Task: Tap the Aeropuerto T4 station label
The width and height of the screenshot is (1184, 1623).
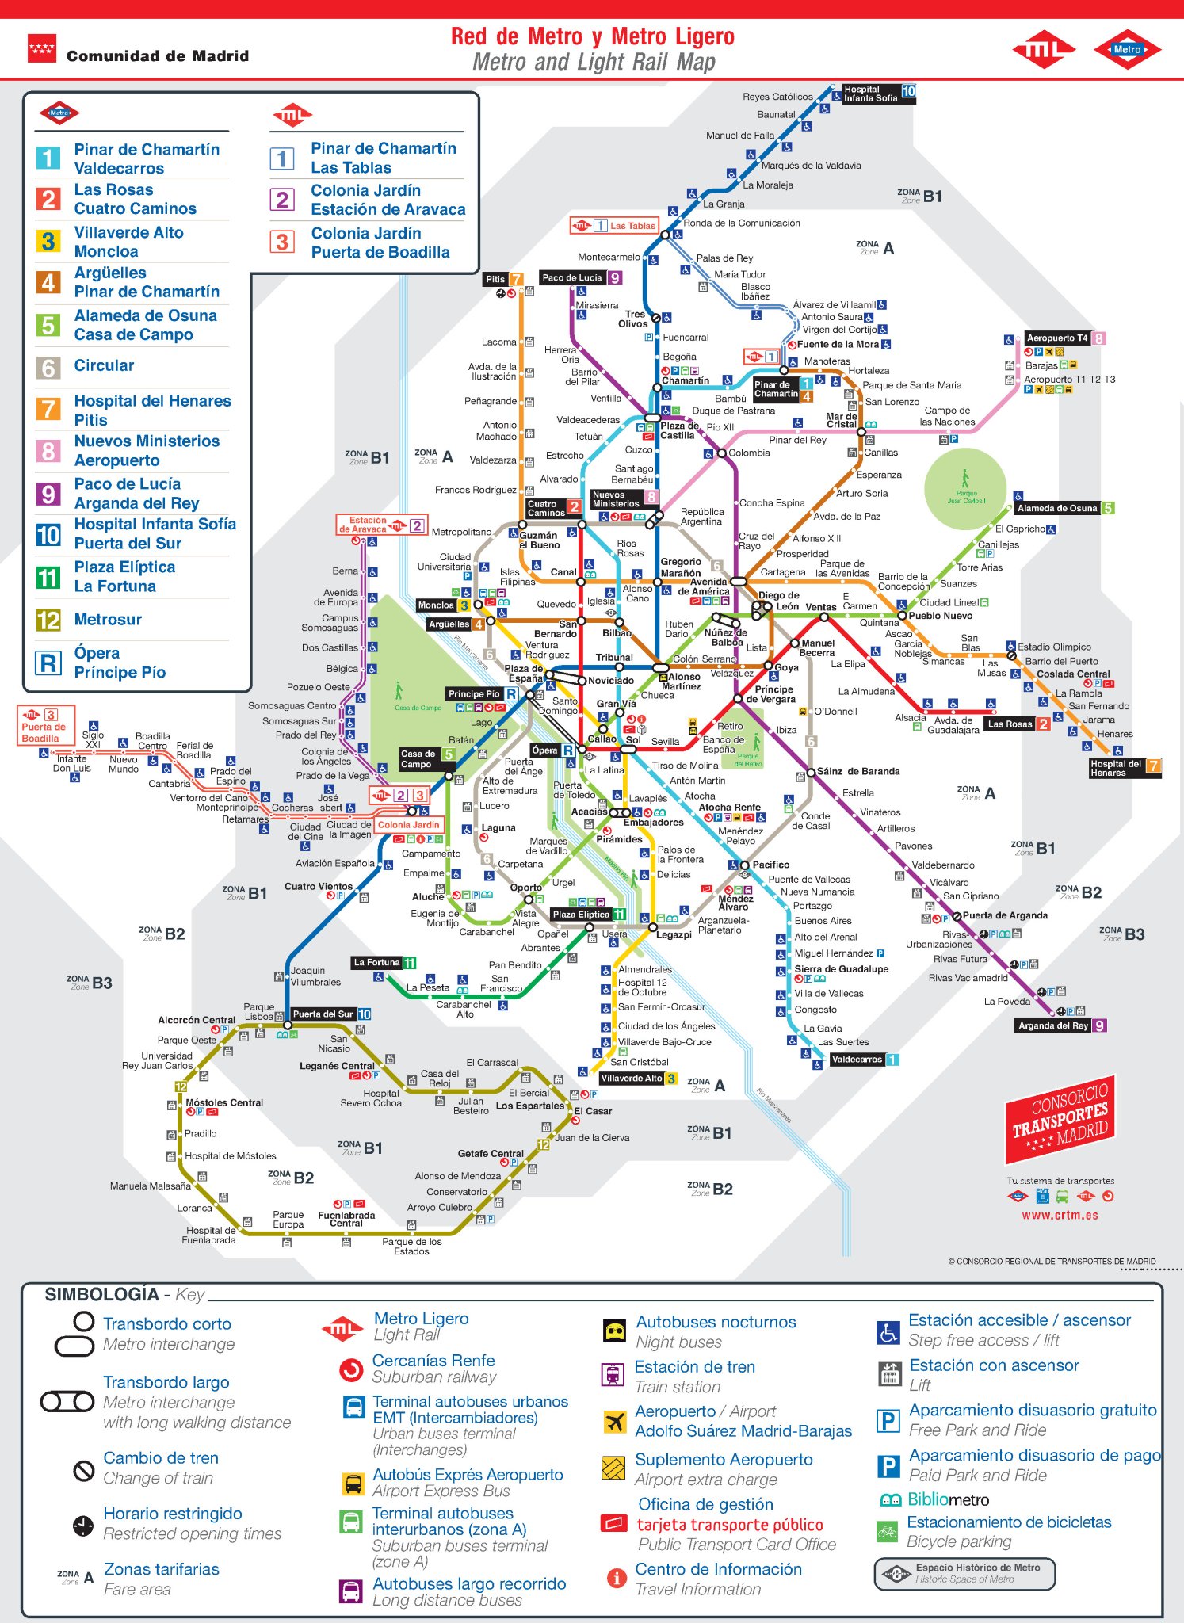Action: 1057,338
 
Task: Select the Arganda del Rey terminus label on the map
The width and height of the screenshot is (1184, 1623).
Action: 1053,1025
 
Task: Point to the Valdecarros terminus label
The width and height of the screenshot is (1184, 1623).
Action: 857,1060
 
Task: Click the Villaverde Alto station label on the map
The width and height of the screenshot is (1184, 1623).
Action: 631,1079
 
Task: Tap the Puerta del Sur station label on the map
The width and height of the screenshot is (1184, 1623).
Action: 323,1014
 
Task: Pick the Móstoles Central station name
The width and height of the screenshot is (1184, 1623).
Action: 224,1102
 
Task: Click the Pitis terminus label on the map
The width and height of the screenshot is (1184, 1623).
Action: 495,279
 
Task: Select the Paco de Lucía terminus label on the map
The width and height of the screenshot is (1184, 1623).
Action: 572,278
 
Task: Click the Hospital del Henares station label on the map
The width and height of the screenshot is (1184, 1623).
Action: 1116,768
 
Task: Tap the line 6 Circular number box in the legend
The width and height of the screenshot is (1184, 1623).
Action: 48,368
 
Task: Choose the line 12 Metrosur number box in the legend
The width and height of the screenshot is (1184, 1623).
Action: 48,620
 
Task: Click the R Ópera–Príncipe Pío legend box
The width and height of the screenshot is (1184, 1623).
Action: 48,663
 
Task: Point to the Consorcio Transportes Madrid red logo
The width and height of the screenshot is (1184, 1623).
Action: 1060,1119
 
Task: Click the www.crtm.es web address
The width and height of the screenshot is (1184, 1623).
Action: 1060,1215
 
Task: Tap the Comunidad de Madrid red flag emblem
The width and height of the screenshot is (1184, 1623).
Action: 42,48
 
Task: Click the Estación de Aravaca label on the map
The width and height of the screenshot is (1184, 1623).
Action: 368,525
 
